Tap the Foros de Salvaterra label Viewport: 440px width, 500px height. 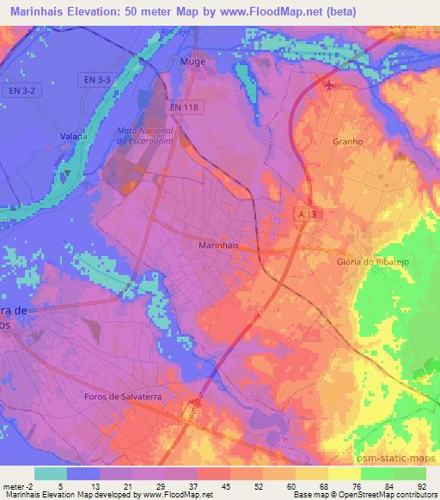(121, 395)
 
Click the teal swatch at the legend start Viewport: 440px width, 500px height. (51, 473)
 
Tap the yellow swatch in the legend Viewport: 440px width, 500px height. (345, 473)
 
